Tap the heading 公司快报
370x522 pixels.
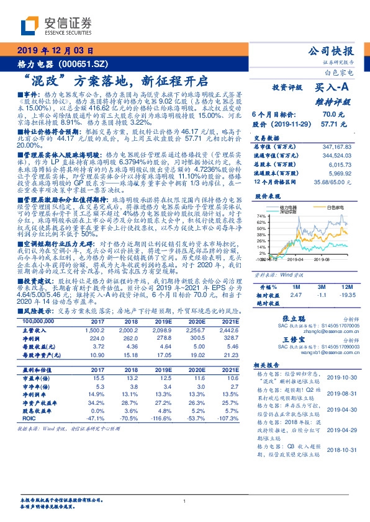click(331, 51)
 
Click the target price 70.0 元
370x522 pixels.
click(329, 115)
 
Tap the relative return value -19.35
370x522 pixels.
click(345, 296)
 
